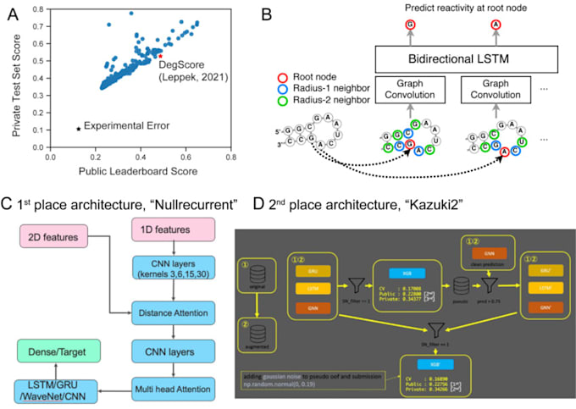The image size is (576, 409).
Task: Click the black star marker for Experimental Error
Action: pos(79,129)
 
